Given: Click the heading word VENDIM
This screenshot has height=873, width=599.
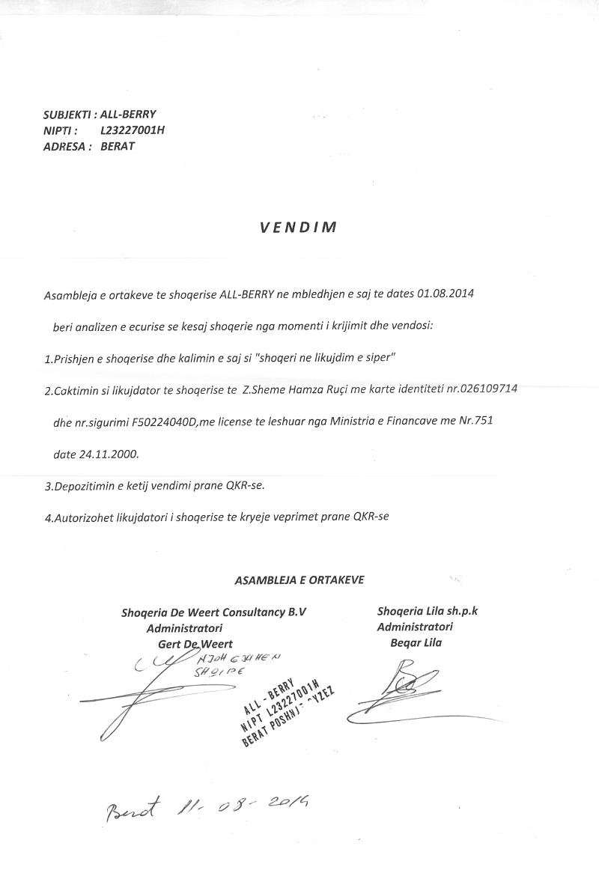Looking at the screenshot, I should coord(299,228).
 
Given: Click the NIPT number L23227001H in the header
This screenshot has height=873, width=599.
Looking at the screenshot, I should coord(133,130).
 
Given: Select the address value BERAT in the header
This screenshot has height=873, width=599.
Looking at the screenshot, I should coord(118,146).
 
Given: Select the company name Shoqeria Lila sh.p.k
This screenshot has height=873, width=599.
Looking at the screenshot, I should coord(428,611).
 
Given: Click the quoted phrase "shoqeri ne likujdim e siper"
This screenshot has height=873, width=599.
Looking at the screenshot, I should coord(325,358).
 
